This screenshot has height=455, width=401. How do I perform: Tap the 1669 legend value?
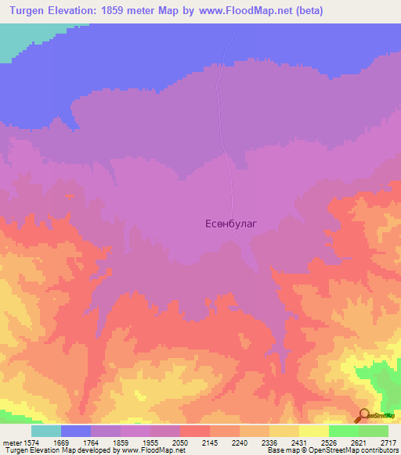tap(61, 442)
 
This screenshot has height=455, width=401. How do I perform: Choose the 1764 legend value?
tap(91, 442)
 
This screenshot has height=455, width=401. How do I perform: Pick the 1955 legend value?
tap(150, 442)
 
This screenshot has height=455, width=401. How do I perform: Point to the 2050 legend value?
tap(180, 442)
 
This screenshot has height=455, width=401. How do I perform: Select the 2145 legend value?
tap(210, 442)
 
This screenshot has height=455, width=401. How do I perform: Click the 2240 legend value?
tap(240, 442)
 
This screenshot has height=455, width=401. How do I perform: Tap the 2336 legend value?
tap(269, 442)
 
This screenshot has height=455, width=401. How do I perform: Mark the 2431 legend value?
tap(299, 442)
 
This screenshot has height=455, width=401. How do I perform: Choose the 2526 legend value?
tap(329, 442)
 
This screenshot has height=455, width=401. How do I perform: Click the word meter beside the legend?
tap(10, 442)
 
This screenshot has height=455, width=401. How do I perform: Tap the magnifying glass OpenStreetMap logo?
tap(364, 415)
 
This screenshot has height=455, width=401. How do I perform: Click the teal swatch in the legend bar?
tap(46, 431)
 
